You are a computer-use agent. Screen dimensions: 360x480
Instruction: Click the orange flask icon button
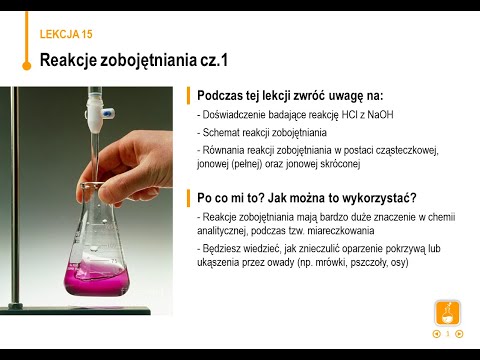coord(447,312)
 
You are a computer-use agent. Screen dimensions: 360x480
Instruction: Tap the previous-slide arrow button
coord(436,333)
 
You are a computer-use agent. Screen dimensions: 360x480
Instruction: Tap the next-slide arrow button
coord(459,333)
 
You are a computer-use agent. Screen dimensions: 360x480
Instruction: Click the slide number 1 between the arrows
coord(448,333)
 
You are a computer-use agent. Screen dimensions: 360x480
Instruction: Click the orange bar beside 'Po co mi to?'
coord(188,197)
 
